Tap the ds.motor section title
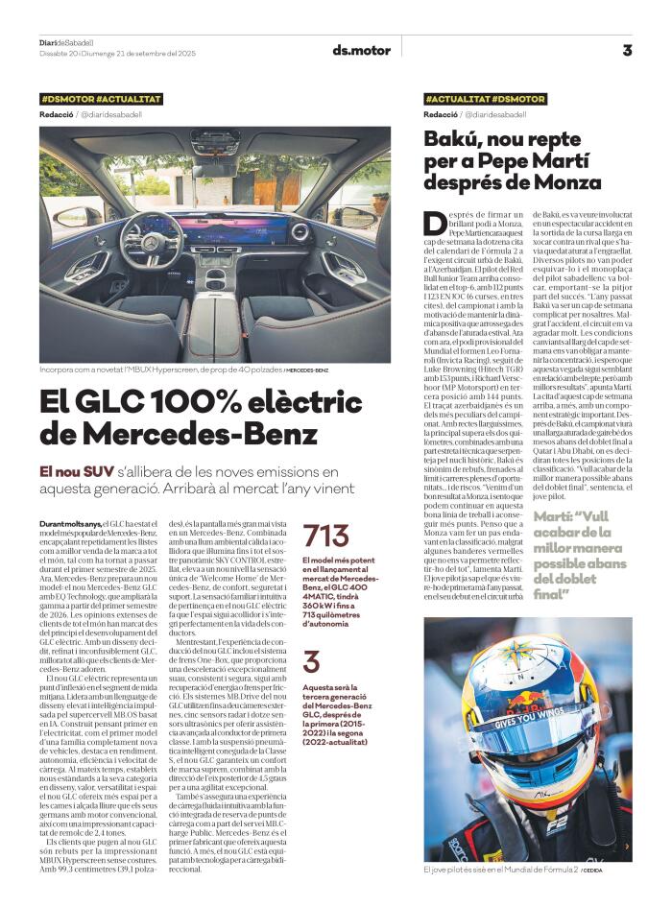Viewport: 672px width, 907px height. [361, 50]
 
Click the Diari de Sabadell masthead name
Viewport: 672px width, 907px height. [67, 43]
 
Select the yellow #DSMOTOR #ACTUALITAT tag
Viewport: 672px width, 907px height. [101, 99]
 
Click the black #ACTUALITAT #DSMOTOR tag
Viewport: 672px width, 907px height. [485, 99]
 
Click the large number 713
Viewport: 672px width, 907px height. [325, 535]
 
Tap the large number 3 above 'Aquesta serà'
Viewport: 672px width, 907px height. [311, 662]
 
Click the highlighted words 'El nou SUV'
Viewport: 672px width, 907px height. [75, 471]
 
